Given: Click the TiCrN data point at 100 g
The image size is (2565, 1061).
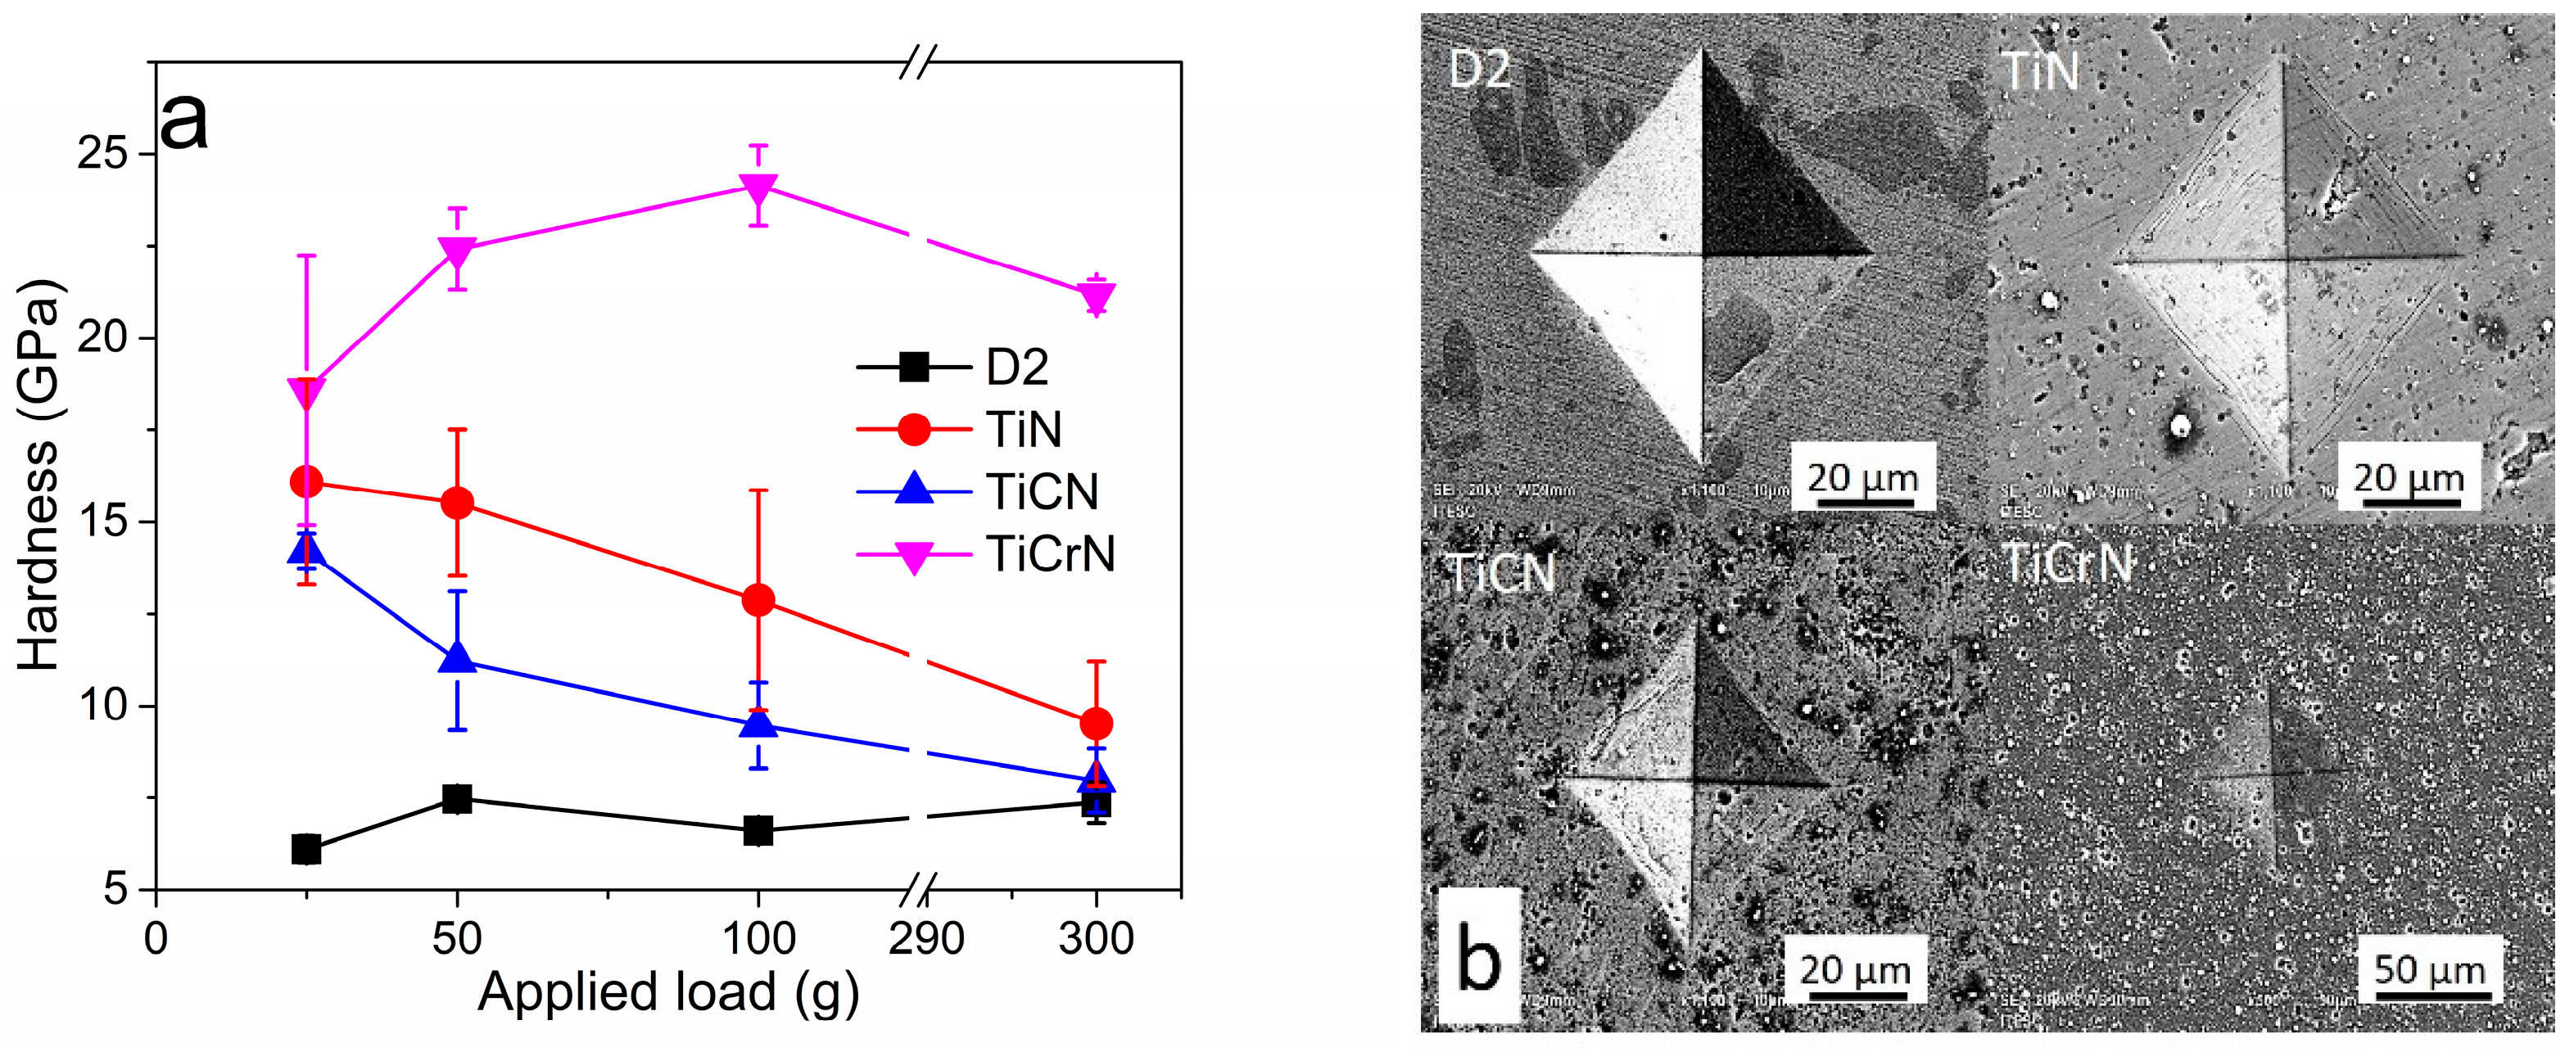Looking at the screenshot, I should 758,187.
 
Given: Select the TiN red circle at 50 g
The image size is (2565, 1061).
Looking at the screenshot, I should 457,503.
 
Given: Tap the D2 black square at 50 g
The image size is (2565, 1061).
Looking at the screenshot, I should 457,798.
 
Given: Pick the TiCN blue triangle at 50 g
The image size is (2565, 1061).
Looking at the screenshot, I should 457,659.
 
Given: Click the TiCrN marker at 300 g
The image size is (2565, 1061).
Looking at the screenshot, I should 1097,296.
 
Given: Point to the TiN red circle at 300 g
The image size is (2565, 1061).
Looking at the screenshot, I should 1097,724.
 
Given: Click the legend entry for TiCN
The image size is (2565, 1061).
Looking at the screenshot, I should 1042,492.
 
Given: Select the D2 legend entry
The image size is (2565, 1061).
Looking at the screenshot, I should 1016,368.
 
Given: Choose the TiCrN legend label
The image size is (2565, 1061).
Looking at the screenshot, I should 1051,553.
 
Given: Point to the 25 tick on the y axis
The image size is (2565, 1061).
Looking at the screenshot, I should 103,154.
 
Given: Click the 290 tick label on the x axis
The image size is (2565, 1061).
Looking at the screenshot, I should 926,938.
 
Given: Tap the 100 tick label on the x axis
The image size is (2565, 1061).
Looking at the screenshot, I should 758,938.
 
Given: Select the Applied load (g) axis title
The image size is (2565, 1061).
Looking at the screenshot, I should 667,993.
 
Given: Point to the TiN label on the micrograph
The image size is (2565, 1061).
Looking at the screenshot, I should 2041,72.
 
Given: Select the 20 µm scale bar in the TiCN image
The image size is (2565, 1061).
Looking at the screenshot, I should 1853,970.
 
